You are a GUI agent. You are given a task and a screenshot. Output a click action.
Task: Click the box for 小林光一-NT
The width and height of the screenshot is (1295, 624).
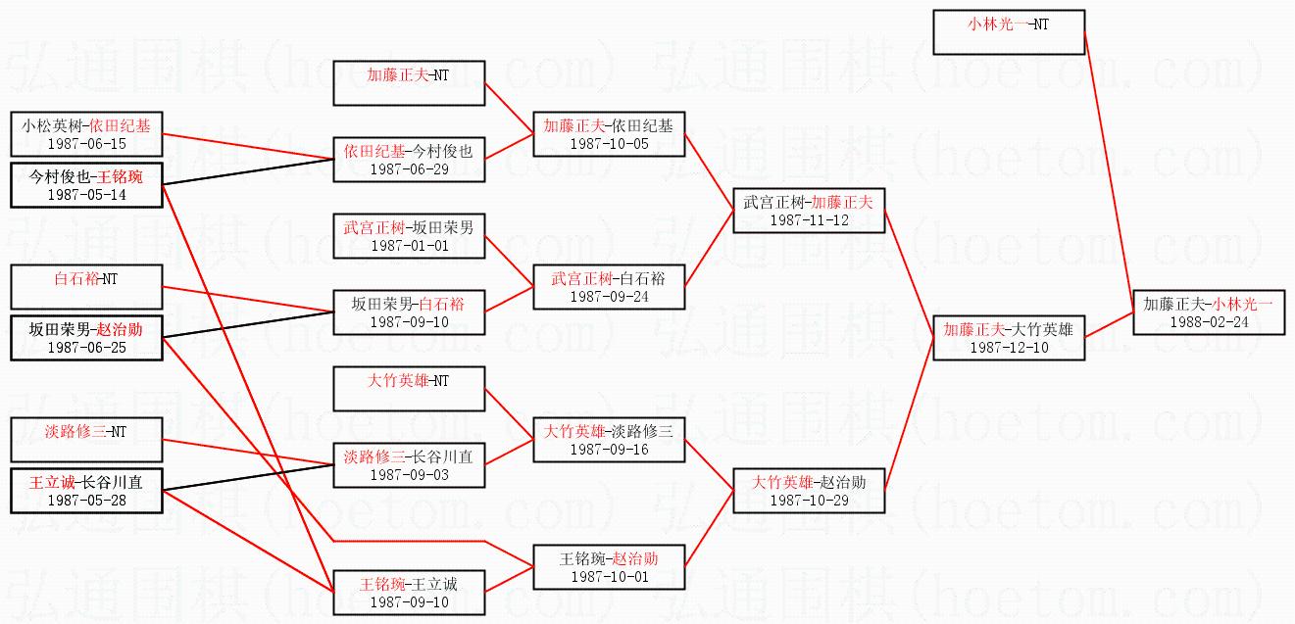pos(1008,32)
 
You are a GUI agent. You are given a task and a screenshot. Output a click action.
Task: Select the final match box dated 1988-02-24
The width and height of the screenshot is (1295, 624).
pos(1208,312)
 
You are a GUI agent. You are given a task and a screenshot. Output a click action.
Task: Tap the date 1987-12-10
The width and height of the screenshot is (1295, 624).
pos(1008,348)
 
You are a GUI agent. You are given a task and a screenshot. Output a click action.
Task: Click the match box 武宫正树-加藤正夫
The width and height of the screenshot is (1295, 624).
pos(809,210)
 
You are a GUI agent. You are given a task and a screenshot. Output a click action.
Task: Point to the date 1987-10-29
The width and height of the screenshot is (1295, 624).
pos(809,501)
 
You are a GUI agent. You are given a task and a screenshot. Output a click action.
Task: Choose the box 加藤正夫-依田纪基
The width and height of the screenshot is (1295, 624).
pos(609,134)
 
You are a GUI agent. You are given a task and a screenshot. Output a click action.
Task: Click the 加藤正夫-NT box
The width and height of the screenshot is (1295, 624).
pos(409,82)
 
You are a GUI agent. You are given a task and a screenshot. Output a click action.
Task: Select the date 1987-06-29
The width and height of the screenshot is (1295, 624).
pos(409,169)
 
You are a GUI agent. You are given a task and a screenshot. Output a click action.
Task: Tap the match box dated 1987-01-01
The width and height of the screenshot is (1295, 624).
pos(409,236)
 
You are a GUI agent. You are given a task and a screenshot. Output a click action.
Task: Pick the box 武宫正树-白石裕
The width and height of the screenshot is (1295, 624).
pos(609,287)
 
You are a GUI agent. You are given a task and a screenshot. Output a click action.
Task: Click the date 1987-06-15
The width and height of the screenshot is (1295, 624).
pos(86,144)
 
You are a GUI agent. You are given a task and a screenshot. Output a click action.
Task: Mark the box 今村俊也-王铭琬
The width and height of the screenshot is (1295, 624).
pos(86,185)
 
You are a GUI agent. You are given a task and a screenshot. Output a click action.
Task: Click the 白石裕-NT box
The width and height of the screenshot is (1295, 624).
pos(86,287)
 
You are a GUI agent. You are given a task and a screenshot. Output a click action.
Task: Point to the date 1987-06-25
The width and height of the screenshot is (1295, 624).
pos(86,348)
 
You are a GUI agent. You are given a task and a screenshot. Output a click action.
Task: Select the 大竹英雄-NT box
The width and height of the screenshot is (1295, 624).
pos(409,389)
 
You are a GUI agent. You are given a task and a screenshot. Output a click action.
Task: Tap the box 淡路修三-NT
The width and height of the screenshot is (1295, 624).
pos(86,440)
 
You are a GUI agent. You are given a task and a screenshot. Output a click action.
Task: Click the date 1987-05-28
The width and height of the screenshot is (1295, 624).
pos(86,501)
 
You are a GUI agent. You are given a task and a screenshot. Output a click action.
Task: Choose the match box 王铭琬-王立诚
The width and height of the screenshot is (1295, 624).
pos(409,593)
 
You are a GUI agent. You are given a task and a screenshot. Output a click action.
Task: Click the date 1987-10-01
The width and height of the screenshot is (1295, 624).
pos(609,577)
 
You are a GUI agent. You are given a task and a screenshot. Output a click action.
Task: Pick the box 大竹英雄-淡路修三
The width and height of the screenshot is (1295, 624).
pos(609,440)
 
